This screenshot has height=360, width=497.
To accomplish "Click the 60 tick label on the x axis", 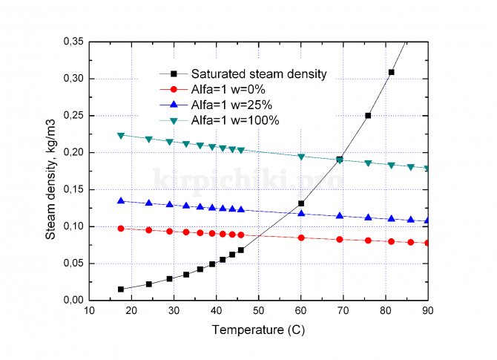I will pos(300,310).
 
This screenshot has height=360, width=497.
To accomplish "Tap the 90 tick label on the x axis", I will pos(428,310).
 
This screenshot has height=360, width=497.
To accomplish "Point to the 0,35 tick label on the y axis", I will pos(72,42).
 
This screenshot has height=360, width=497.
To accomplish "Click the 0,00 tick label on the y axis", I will pos(72,300).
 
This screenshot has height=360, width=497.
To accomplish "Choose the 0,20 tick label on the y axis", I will pos(72,152).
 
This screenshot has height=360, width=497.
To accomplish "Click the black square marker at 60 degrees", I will pos(301,203).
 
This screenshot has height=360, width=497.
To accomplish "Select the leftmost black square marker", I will pos(121,289).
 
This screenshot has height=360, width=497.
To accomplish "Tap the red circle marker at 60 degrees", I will pos(301,238).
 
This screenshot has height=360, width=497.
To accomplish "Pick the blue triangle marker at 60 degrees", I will pos(301,213).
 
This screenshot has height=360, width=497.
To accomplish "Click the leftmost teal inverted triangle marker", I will pos(121,135).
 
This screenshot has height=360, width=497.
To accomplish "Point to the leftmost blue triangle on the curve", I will pos(121,200).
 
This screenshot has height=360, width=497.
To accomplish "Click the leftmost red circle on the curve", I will pos(121,228).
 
